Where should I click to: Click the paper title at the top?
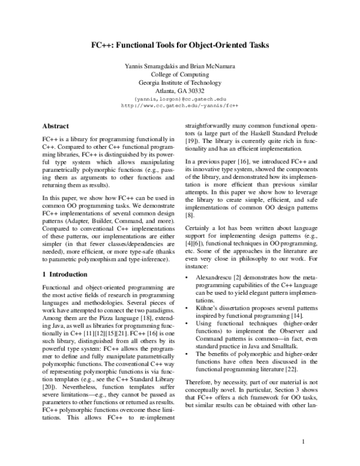[180, 44]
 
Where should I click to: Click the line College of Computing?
[180, 74]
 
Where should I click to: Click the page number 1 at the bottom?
[304, 443]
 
